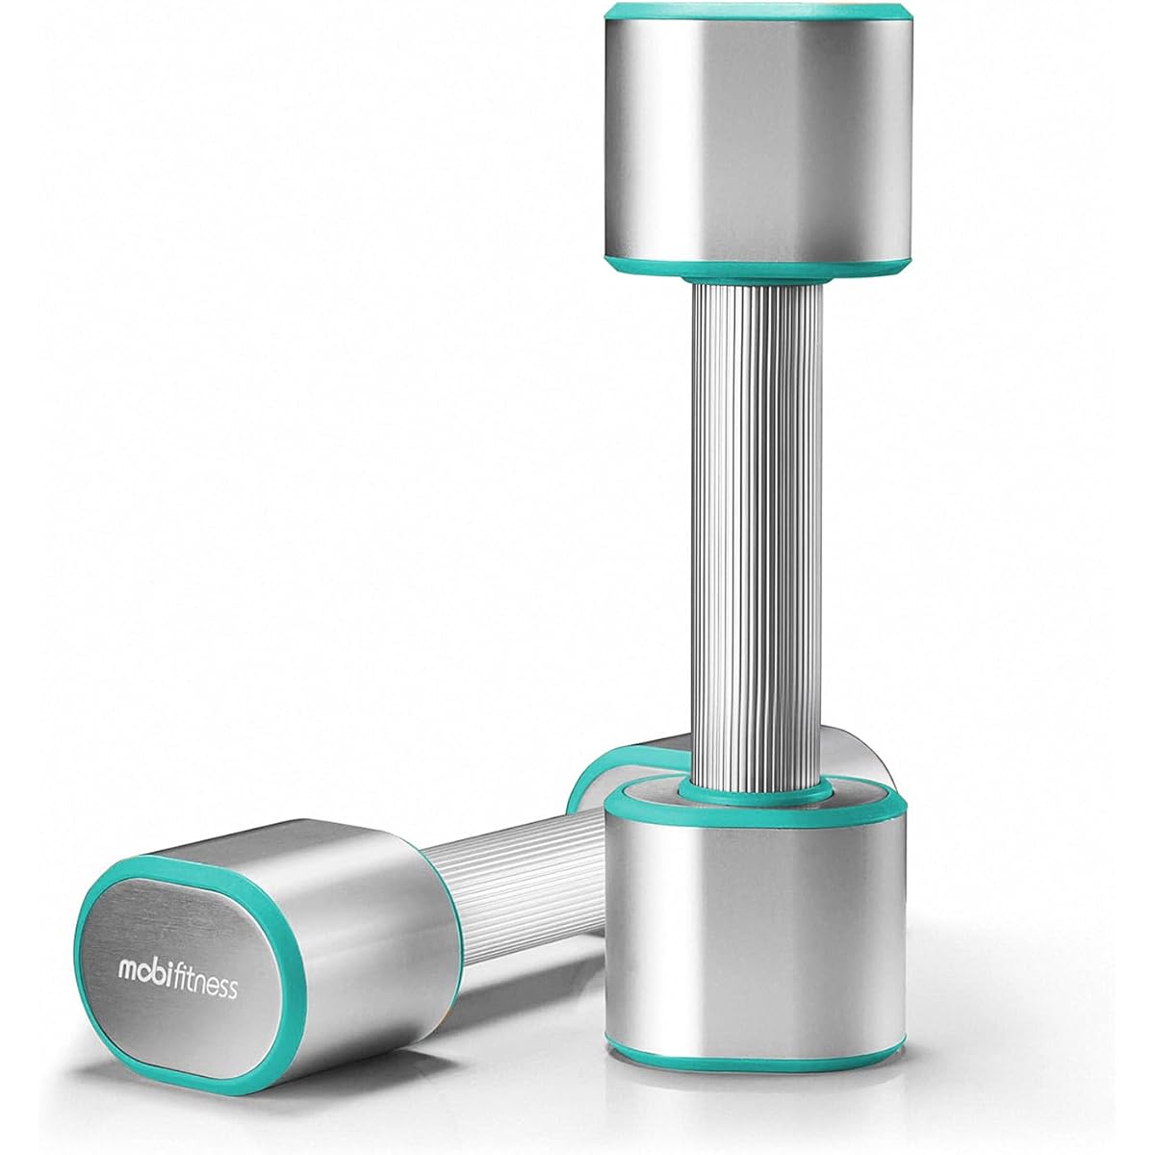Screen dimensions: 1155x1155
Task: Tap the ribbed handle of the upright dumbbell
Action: click(x=757, y=536)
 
